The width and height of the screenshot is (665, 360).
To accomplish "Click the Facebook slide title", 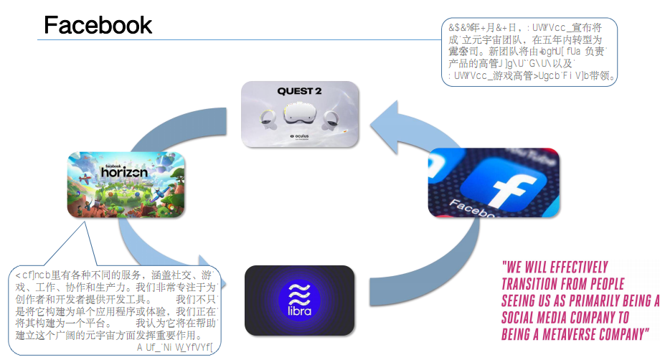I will [98, 24].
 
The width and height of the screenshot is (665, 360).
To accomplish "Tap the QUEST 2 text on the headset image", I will [299, 91].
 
